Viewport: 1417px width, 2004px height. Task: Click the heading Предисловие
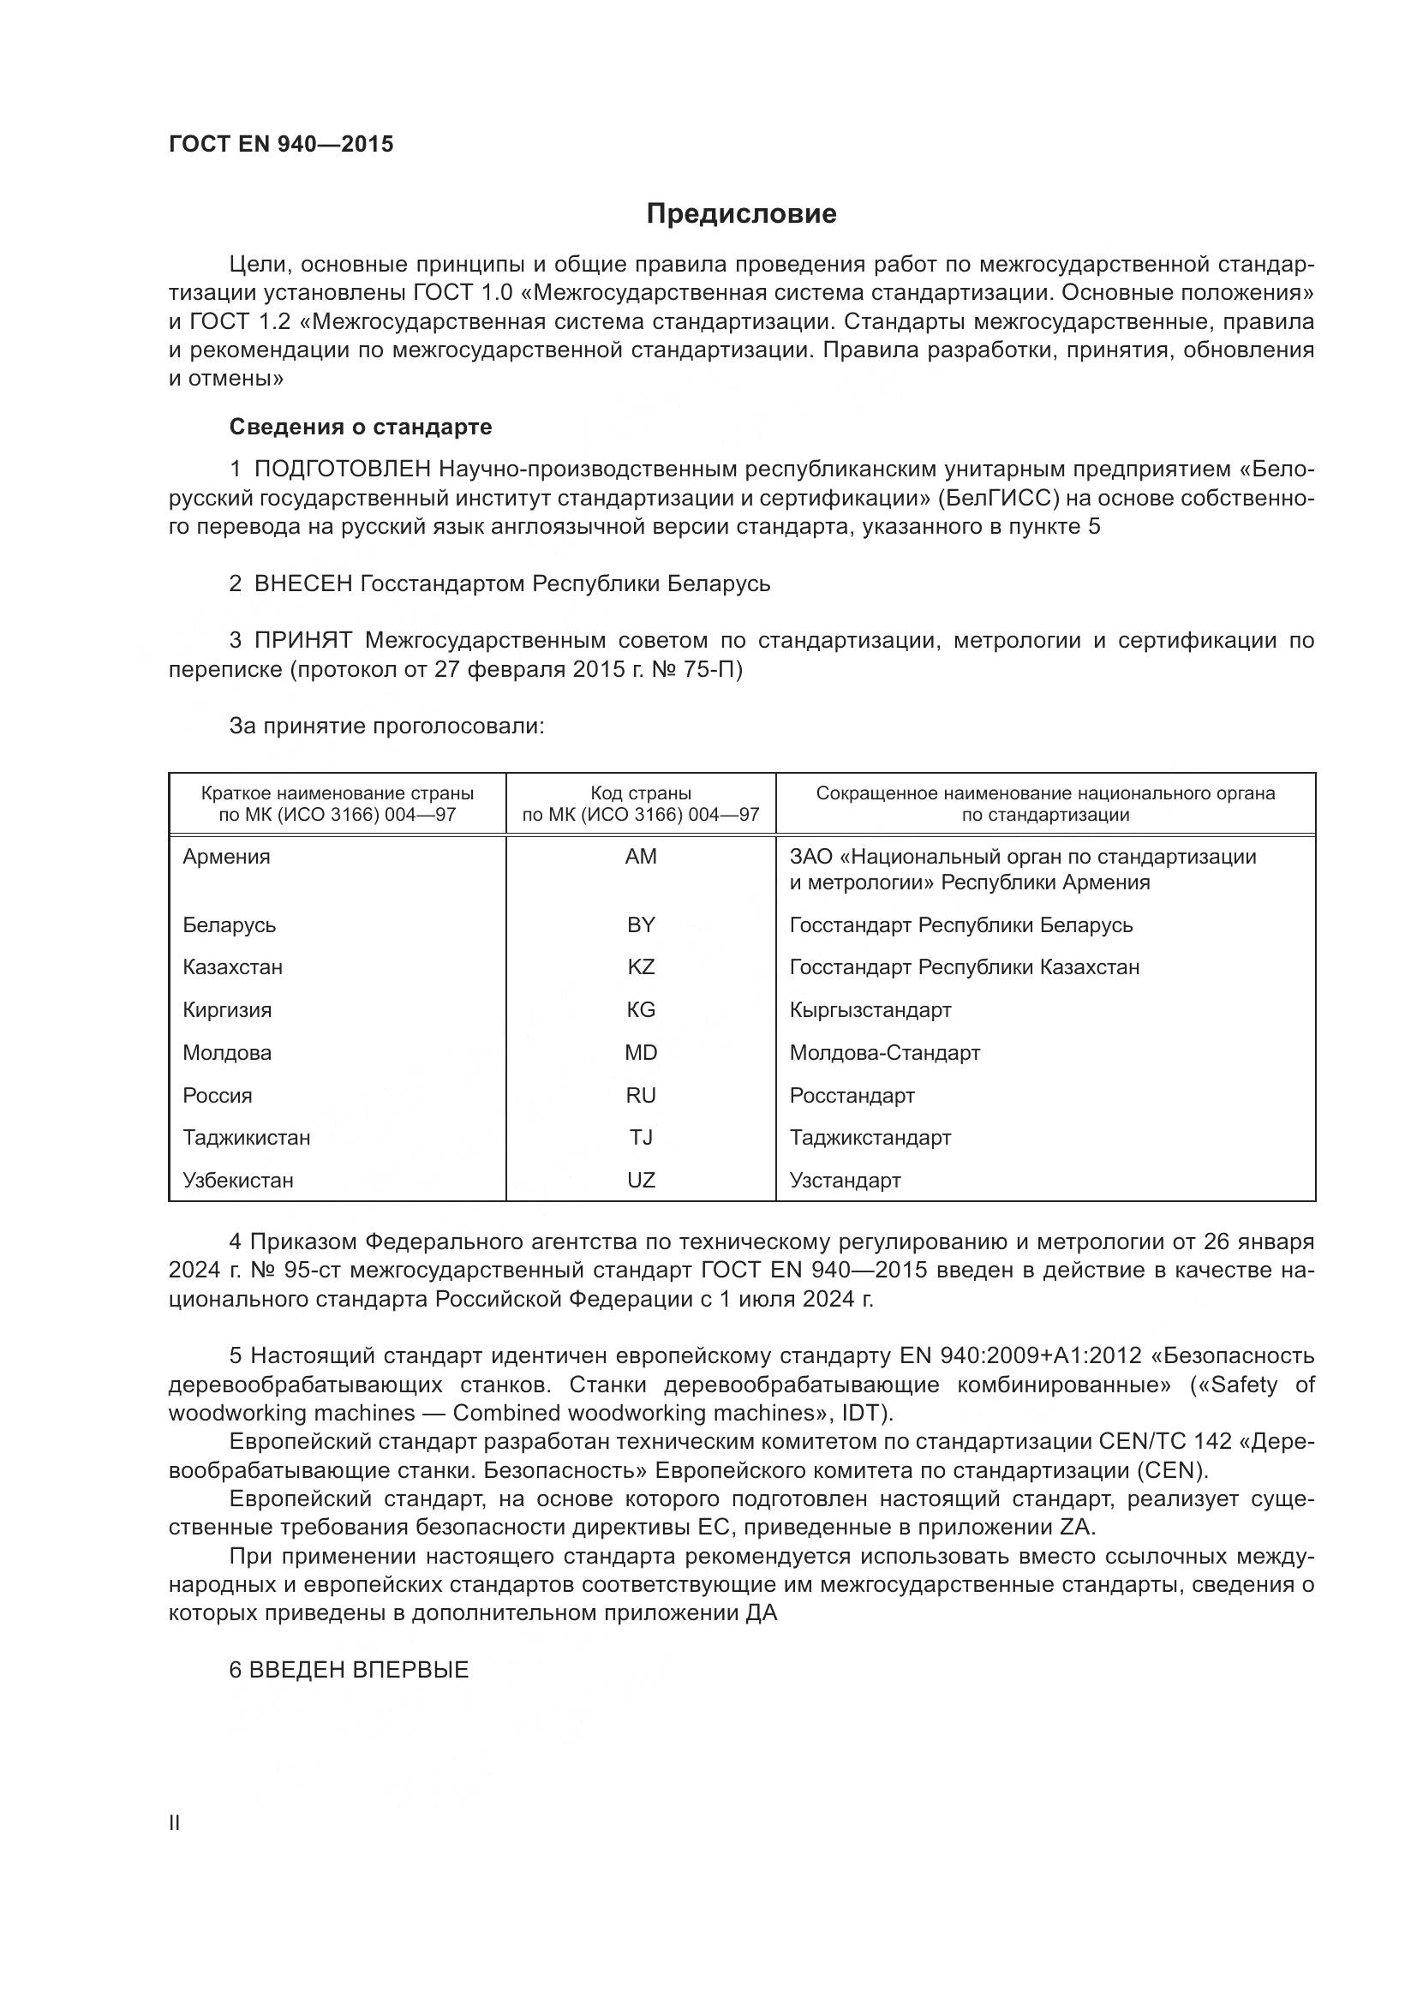[x=741, y=214]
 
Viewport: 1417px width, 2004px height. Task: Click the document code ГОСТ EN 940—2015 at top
[x=281, y=144]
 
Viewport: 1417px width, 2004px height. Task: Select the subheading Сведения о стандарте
[x=361, y=427]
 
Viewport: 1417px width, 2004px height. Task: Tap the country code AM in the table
[x=641, y=856]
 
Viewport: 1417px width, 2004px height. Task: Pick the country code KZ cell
[x=641, y=967]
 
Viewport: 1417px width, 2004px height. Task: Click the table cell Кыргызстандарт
[x=870, y=1010]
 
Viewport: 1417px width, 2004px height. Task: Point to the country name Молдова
[x=227, y=1053]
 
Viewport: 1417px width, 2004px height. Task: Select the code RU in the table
[x=641, y=1096]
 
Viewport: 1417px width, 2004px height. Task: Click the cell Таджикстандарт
[x=870, y=1137]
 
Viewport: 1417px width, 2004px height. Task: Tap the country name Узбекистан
[x=238, y=1180]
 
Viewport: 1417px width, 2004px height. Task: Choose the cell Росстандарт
[x=852, y=1096]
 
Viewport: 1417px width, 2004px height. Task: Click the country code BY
[x=641, y=924]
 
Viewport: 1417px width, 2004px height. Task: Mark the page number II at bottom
[x=175, y=1823]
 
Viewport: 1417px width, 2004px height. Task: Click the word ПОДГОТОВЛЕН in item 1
[x=343, y=470]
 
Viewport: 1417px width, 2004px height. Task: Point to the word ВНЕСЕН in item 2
[x=302, y=584]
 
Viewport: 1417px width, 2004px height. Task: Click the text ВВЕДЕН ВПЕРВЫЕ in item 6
[x=359, y=1670]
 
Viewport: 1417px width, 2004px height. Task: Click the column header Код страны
[x=641, y=793]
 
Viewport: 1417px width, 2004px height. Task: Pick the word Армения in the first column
[x=227, y=856]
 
